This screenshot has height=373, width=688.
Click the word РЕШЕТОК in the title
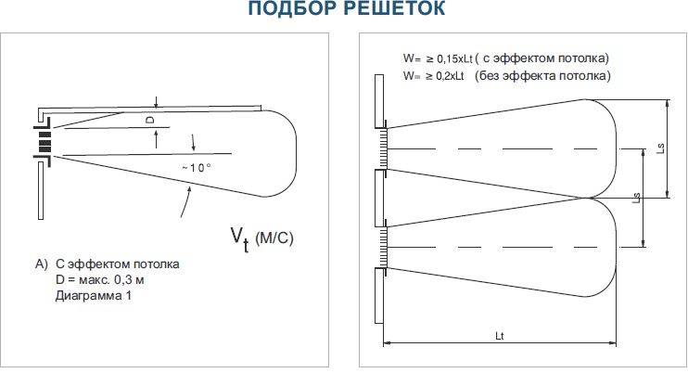point(398,8)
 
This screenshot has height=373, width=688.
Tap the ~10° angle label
point(197,168)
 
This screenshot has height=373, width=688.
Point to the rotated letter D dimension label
point(150,120)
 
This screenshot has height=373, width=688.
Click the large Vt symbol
point(240,239)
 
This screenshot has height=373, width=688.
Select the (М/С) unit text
point(274,238)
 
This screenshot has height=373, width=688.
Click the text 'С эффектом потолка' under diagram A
point(118,264)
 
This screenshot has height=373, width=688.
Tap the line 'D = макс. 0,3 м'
point(99,280)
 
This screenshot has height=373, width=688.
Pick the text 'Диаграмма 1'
point(94,295)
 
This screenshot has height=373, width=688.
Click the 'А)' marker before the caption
point(42,264)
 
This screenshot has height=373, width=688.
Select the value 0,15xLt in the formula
point(454,58)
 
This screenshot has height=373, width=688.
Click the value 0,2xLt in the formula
point(450,76)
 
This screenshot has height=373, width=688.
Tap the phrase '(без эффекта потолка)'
point(542,75)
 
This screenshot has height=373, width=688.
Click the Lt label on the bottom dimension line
point(500,336)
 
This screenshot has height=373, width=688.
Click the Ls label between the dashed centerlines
point(637,198)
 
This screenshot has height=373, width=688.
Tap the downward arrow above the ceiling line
point(156,102)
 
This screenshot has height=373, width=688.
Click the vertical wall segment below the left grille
point(41,190)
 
